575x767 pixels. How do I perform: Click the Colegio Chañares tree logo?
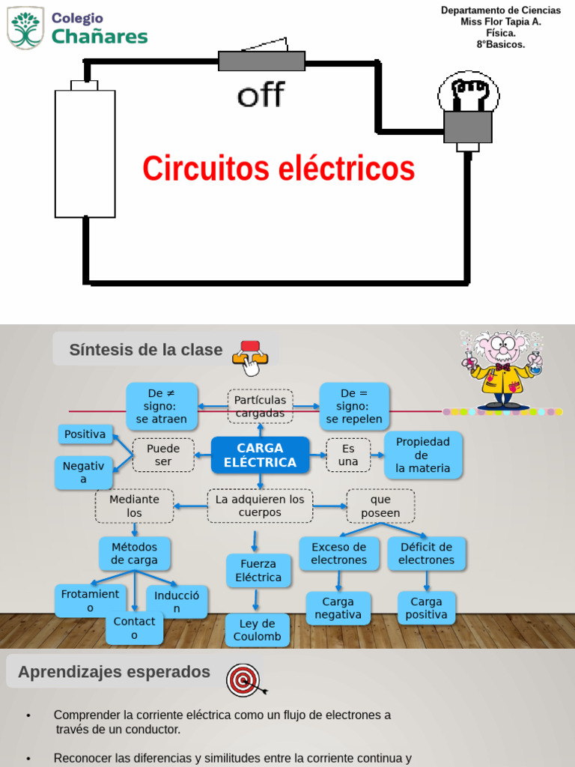[25, 28]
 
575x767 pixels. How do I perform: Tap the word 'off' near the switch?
[261, 95]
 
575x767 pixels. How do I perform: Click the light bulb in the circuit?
[468, 109]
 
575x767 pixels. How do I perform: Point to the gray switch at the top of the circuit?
[261, 59]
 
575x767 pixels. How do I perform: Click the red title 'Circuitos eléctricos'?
[279, 169]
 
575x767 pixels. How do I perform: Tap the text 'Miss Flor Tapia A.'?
[500, 22]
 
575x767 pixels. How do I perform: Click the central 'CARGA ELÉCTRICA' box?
[260, 455]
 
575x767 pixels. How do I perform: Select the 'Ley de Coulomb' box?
[257, 630]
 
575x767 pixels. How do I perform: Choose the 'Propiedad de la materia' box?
[423, 455]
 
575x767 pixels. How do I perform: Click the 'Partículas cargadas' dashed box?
[260, 406]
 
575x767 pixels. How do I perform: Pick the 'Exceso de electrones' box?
[339, 554]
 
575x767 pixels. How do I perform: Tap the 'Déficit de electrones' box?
[426, 554]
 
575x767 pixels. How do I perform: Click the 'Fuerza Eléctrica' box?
[258, 571]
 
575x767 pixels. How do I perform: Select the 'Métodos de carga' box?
[135, 554]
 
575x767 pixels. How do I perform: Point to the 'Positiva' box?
[85, 434]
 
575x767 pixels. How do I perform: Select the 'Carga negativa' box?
[338, 608]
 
